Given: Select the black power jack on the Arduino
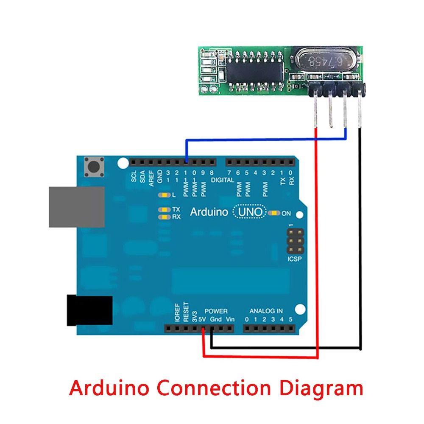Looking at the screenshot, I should click(x=89, y=310).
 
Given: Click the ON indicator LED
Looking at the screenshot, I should click(x=275, y=213).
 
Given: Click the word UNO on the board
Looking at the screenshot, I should click(x=250, y=212).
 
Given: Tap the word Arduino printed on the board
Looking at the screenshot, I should click(x=209, y=212).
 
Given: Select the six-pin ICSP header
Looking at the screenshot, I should click(x=294, y=241).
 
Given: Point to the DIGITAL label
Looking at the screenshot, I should click(x=222, y=180).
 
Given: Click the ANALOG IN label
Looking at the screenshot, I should click(x=266, y=311).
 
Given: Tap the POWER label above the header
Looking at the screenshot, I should click(x=216, y=311).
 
